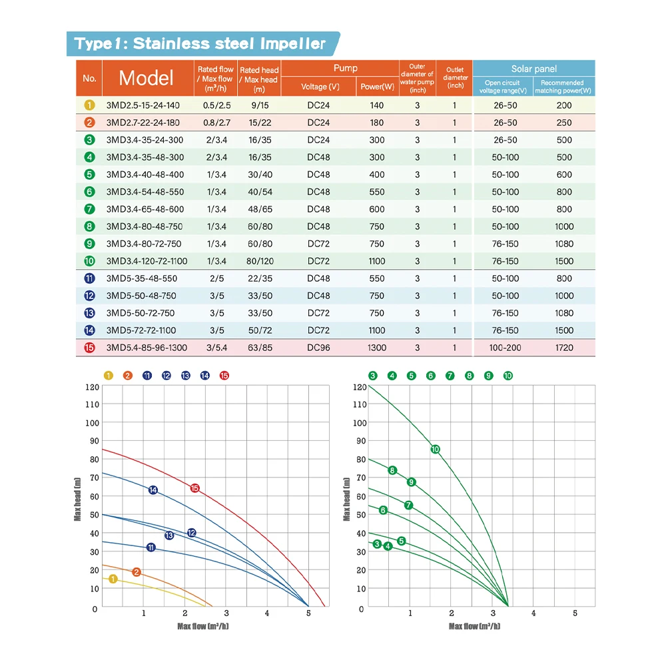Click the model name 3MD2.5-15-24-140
(143, 105)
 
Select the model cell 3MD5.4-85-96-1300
(147, 348)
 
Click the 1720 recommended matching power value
(563, 348)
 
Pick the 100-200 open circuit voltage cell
(505, 348)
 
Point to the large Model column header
(146, 78)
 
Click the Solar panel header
(533, 69)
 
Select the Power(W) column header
(378, 87)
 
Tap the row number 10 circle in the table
(90, 261)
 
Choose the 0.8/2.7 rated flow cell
(216, 123)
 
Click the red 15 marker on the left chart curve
(195, 488)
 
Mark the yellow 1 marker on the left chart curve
(113, 579)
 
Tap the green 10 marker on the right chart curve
(435, 449)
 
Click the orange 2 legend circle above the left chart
(127, 376)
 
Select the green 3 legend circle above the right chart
(372, 376)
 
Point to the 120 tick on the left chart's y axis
(91, 387)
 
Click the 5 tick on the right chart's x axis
(575, 613)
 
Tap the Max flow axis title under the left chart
(202, 626)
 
